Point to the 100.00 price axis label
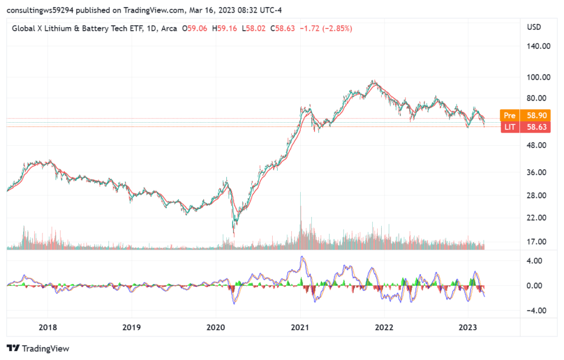pos(538,77)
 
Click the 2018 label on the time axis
pos(48,327)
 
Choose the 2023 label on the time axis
pos(468,327)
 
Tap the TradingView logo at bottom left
pos(37,348)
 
